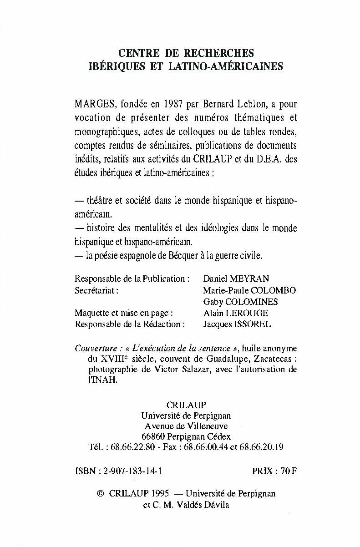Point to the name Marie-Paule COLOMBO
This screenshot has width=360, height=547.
tap(249, 290)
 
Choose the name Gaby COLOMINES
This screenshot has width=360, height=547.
tap(240, 302)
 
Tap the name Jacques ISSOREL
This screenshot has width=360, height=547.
tap(237, 324)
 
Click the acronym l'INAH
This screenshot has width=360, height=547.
tap(103, 380)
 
